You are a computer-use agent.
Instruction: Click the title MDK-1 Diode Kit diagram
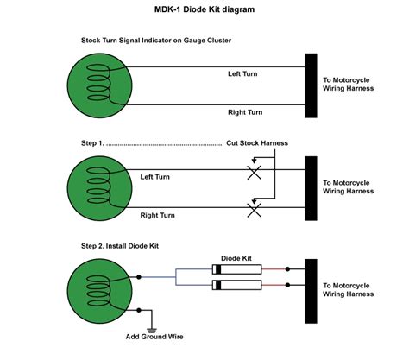tap(204, 10)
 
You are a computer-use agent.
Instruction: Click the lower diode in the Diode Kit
tap(238, 285)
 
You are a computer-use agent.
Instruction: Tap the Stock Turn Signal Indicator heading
tap(155, 41)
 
